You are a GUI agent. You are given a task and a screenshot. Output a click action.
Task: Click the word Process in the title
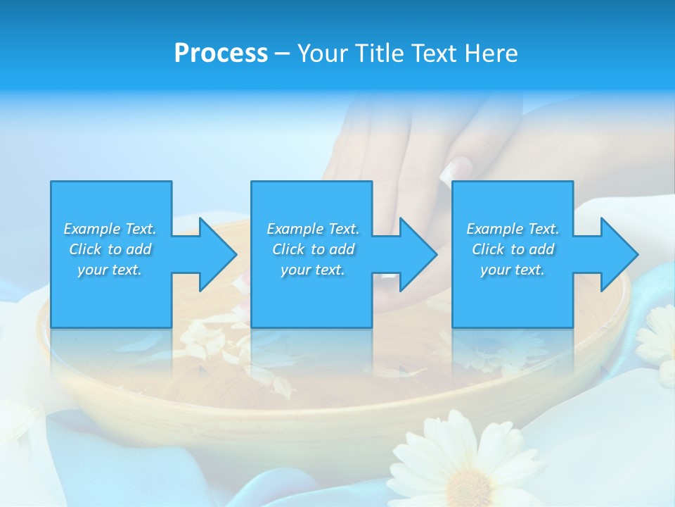point(221,54)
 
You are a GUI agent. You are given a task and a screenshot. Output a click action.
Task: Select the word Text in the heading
point(433,54)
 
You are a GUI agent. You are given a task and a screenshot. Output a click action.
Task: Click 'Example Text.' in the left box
point(110,229)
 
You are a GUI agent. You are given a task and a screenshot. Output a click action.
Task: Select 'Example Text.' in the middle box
point(313,229)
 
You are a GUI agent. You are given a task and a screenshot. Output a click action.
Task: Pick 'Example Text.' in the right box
point(513,229)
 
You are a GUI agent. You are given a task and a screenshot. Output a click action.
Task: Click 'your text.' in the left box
point(110,270)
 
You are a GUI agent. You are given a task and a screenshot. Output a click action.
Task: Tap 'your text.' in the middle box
point(313,270)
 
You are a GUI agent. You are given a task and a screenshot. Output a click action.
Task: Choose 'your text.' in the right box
point(513,270)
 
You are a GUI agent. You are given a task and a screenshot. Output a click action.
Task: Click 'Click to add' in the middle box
point(313,249)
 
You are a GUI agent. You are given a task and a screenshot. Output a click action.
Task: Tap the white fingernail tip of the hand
point(454,169)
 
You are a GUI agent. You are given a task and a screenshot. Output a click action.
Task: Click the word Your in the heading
point(322,54)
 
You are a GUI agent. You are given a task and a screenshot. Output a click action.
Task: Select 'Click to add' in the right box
point(513,249)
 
